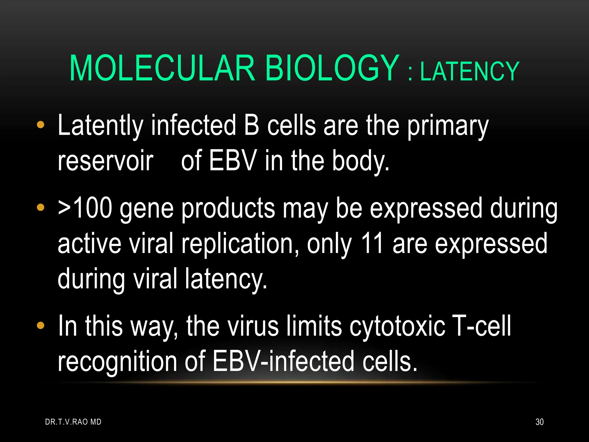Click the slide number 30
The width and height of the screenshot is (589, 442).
tap(539, 422)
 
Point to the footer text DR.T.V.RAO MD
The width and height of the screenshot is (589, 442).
tap(73, 422)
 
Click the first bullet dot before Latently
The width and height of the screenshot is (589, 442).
tap(41, 125)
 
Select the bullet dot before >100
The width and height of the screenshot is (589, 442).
tap(41, 207)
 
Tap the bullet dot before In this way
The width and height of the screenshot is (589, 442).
tap(41, 325)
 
